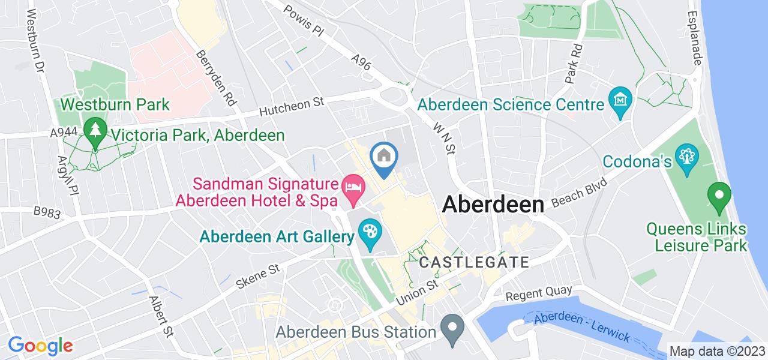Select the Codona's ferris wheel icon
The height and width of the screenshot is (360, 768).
(x=685, y=157)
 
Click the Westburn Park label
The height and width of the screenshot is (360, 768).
(x=115, y=104)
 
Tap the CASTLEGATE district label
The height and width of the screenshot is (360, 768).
(x=474, y=262)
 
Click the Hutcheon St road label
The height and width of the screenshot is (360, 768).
(x=292, y=107)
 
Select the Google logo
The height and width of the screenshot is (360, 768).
(x=40, y=346)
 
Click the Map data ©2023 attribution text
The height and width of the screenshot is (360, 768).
(x=718, y=351)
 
